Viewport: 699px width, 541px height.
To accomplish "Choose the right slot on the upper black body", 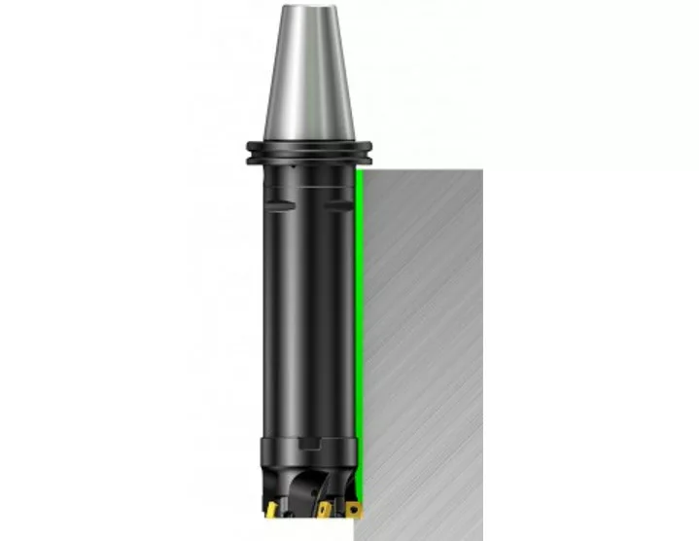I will point(339,202).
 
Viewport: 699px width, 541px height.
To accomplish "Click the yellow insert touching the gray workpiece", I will point(353,508).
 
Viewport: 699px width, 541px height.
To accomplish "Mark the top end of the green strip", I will point(359,171).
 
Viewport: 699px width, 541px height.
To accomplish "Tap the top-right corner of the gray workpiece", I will point(482,168).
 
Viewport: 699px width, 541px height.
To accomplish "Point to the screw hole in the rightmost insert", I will point(354,508).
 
